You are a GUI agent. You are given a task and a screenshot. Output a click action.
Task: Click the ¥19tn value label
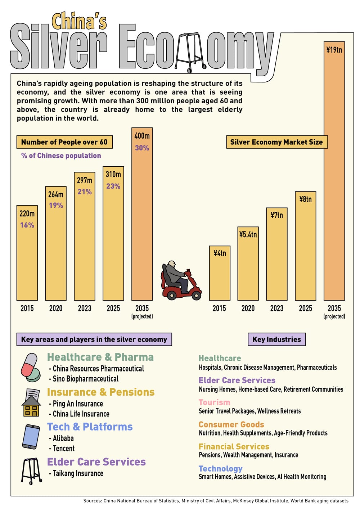coord(334,50)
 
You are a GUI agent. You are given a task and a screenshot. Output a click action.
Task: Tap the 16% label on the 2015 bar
coord(27,225)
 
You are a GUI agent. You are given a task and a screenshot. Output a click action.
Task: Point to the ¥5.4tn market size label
coord(248,235)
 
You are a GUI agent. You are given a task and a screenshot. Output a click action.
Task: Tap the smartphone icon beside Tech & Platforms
coord(31,437)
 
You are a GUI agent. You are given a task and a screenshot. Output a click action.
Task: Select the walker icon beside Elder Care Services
coord(31,471)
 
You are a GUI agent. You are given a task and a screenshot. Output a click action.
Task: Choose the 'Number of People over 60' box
coord(64,142)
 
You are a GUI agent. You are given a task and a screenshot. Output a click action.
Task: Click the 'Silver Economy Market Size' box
coord(276,142)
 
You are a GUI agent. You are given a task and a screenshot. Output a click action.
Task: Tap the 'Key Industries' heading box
coord(276,339)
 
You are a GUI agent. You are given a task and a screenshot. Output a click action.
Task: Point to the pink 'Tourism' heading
coord(214,402)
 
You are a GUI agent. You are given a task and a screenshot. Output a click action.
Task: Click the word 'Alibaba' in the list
coord(63,438)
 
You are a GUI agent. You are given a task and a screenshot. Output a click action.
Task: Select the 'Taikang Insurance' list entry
coord(78,473)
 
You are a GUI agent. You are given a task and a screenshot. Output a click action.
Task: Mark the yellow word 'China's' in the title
coord(79,22)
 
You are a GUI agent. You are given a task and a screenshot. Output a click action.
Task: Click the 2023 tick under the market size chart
coord(276,308)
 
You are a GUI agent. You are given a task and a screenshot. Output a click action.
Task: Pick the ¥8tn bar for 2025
coord(305,248)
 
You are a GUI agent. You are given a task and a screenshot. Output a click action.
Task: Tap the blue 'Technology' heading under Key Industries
coord(220,469)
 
